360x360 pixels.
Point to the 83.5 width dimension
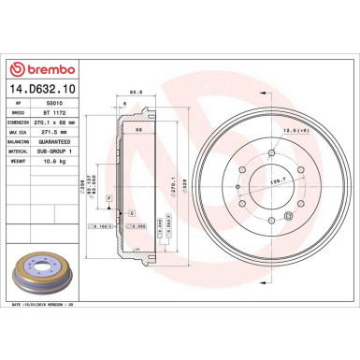136,92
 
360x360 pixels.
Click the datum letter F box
109,199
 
